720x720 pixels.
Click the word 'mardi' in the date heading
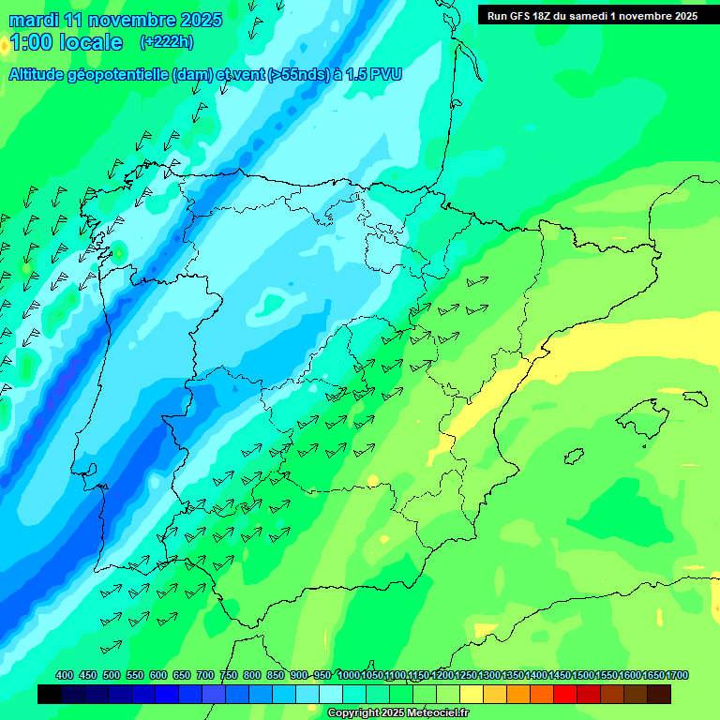pyautogui.click(x=34, y=20)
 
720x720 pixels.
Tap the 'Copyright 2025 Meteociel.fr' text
pyautogui.click(x=397, y=713)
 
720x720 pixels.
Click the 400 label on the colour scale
pyautogui.click(x=65, y=675)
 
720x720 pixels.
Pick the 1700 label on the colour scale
pyautogui.click(x=677, y=675)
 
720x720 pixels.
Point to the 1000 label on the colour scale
pyautogui.click(x=348, y=675)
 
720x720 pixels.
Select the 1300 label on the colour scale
pyautogui.click(x=489, y=675)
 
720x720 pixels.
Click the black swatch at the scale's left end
pyautogui.click(x=50, y=695)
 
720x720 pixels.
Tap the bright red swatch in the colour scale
pyautogui.click(x=565, y=695)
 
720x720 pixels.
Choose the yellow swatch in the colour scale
pyautogui.click(x=472, y=695)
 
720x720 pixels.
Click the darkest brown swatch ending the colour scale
pyautogui.click(x=659, y=695)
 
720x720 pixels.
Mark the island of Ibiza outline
pyautogui.click(x=575, y=457)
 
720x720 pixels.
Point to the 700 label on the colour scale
pyautogui.click(x=205, y=675)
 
